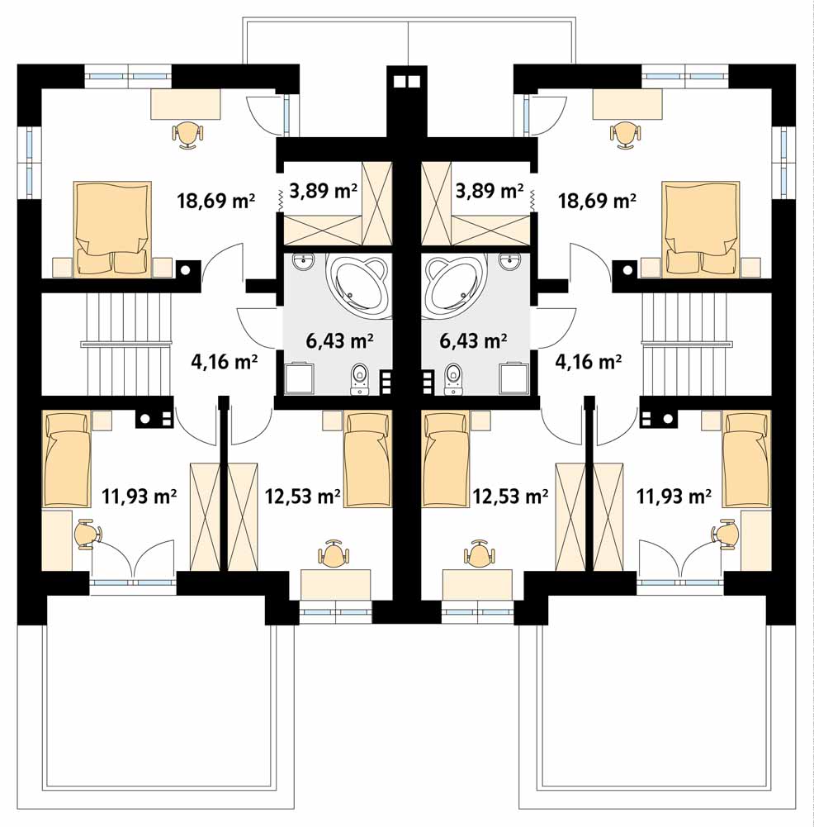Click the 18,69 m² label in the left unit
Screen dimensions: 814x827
(x=216, y=201)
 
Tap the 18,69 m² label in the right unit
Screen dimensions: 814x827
(x=597, y=201)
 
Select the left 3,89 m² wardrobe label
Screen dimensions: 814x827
(x=324, y=190)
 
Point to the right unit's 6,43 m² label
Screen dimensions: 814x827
(x=473, y=340)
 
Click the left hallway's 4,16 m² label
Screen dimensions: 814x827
(x=224, y=362)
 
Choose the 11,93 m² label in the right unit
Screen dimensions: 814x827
(x=674, y=497)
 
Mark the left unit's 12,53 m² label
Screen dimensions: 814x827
(x=302, y=497)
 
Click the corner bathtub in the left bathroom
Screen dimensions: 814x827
(x=359, y=283)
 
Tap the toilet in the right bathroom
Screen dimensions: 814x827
(x=453, y=378)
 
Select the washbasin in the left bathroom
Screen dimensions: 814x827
(x=303, y=261)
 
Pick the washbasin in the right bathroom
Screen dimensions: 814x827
(x=509, y=261)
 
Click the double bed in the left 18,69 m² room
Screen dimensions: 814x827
(x=112, y=229)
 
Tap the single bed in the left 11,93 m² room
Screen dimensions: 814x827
(x=66, y=459)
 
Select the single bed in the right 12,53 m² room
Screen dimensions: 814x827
(x=445, y=459)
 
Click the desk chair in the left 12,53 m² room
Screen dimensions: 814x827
(x=334, y=554)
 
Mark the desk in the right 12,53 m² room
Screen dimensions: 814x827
(x=477, y=584)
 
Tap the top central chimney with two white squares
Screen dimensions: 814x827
(x=407, y=82)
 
